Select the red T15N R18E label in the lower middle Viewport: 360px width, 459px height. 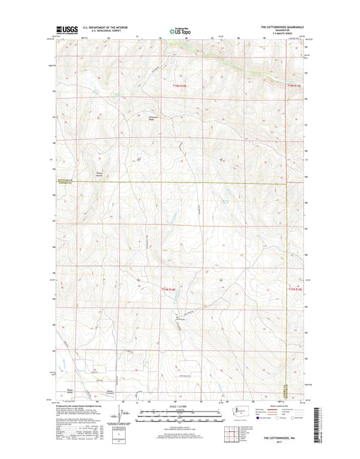(x=169, y=289)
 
